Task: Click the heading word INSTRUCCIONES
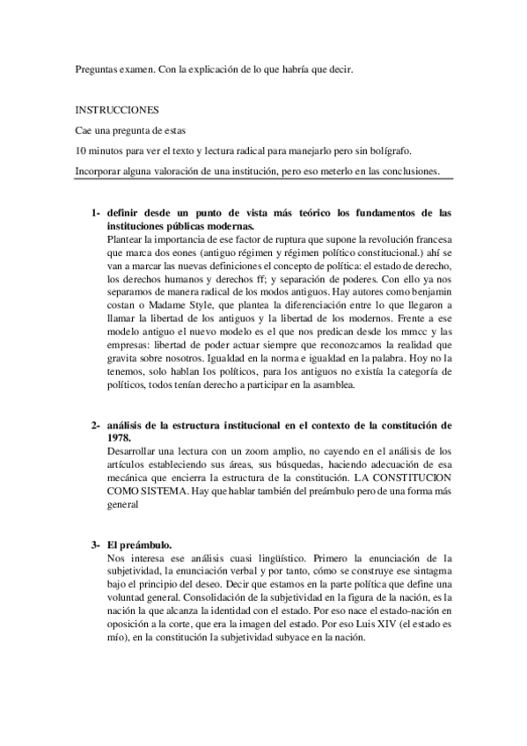click(116, 111)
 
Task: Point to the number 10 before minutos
click(80, 150)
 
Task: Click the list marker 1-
click(93, 213)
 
